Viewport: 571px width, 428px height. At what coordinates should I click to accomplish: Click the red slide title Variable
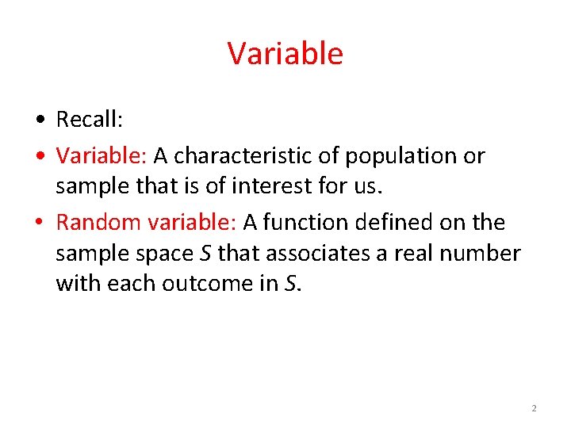pyautogui.click(x=285, y=54)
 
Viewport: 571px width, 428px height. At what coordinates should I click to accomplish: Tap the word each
pyautogui.click(x=132, y=283)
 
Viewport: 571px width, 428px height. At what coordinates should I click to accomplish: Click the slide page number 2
pyautogui.click(x=534, y=408)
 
